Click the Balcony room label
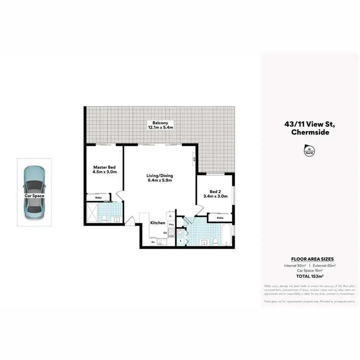[x=160, y=123]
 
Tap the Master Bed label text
[x=105, y=167]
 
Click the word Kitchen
[x=158, y=223]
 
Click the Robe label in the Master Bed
[x=98, y=197]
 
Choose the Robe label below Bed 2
[x=220, y=217]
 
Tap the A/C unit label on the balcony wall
[x=194, y=159]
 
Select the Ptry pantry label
[x=170, y=224]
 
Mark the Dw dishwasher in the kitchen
[x=153, y=242]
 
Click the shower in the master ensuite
[x=92, y=212]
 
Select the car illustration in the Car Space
[x=35, y=191]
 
